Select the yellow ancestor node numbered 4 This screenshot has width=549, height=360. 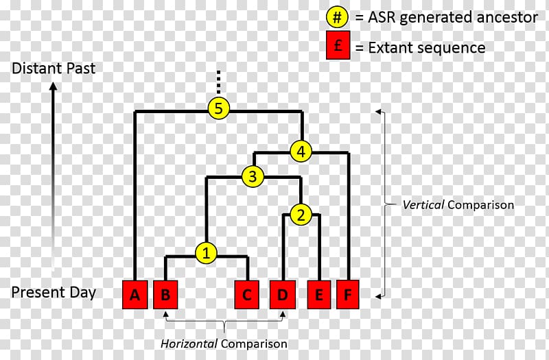[x=301, y=151]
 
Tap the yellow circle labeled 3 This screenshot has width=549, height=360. [x=253, y=177]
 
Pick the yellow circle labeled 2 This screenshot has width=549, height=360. [x=301, y=215]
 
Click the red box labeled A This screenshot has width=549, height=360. [x=135, y=295]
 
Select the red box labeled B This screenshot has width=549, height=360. [x=165, y=295]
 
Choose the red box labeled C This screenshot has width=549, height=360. [x=247, y=295]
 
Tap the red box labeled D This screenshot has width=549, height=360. [x=282, y=295]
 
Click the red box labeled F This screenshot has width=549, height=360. [x=349, y=295]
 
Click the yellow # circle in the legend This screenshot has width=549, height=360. [x=336, y=17]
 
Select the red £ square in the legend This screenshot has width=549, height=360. [x=336, y=47]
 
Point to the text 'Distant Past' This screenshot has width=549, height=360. [x=54, y=69]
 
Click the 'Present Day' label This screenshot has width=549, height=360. [x=54, y=292]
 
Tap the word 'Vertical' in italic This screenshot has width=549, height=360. [x=421, y=204]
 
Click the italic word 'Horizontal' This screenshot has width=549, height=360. [x=189, y=344]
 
